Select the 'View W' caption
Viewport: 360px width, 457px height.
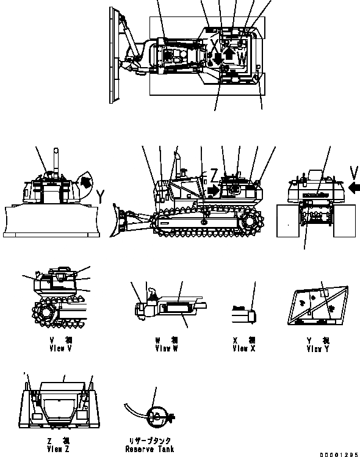pos(166,348)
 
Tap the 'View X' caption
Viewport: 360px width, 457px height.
pos(244,348)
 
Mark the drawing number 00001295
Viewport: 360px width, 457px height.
pos(337,453)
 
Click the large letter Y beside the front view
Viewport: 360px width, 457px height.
pos(99,195)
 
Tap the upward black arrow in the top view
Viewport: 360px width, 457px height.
pos(229,54)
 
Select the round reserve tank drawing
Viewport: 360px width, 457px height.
pos(157,417)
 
